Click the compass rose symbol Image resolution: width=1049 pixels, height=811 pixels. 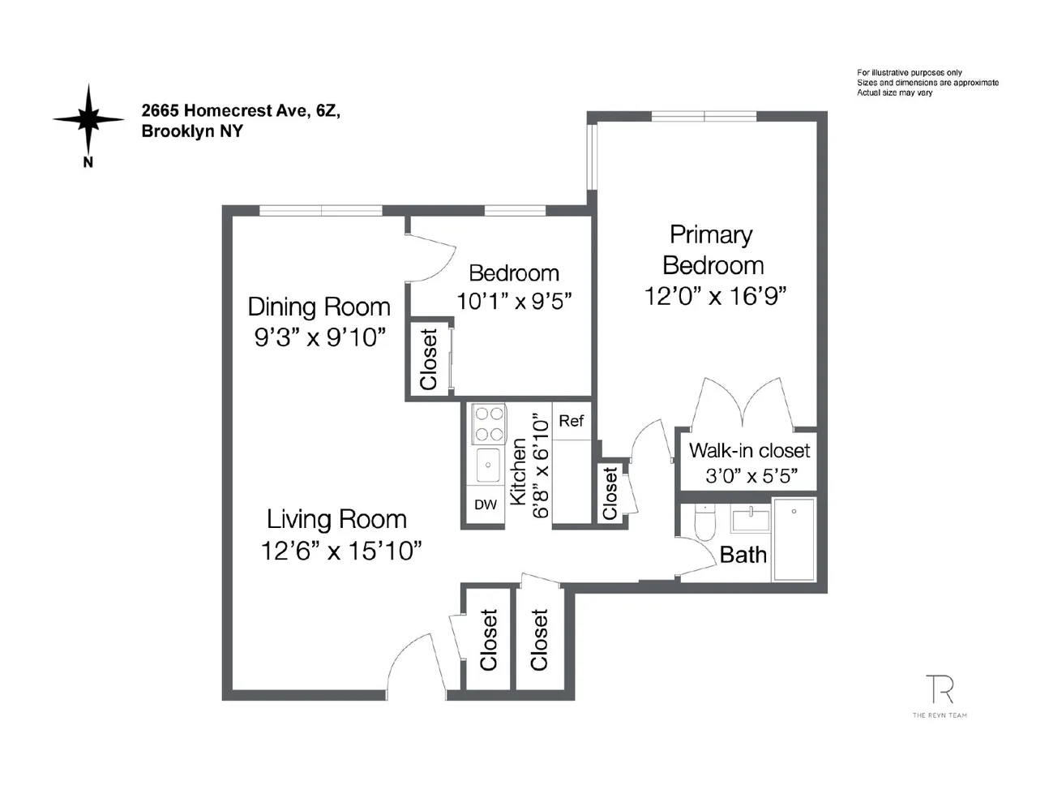pos(88,119)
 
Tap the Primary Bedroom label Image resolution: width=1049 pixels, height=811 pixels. pos(712,250)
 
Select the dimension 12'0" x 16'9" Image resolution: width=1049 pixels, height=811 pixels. pos(715,296)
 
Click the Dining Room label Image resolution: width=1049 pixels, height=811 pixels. pos(319,307)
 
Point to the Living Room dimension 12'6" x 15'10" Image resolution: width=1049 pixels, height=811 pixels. pos(341,551)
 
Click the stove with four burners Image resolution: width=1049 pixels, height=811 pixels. pos(489,424)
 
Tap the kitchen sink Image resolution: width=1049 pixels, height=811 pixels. pos(488,465)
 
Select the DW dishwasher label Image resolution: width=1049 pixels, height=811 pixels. pos(486,504)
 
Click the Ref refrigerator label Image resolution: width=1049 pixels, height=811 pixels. pos(571,420)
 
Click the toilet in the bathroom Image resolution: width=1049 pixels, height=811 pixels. pos(705,523)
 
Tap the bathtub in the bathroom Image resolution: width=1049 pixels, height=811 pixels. pos(794,540)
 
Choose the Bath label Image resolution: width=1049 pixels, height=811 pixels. pos(743,555)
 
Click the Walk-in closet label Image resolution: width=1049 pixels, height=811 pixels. pos(749,451)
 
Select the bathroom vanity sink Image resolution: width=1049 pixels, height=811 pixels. pos(750,519)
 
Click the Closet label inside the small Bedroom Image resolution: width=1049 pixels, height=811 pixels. pos(428,359)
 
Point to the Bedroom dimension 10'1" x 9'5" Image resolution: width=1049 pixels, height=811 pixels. pos(514,301)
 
